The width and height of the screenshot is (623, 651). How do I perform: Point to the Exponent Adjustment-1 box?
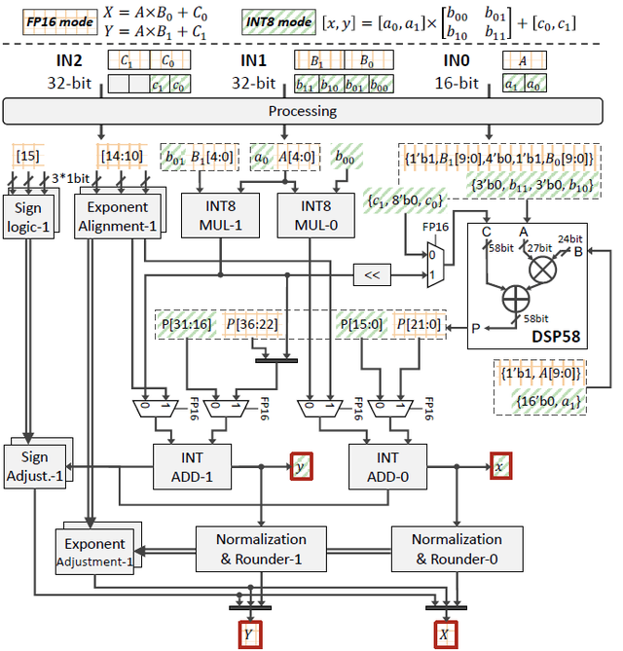tap(94, 552)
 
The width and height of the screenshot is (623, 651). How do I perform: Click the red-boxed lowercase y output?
tap(301, 466)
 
